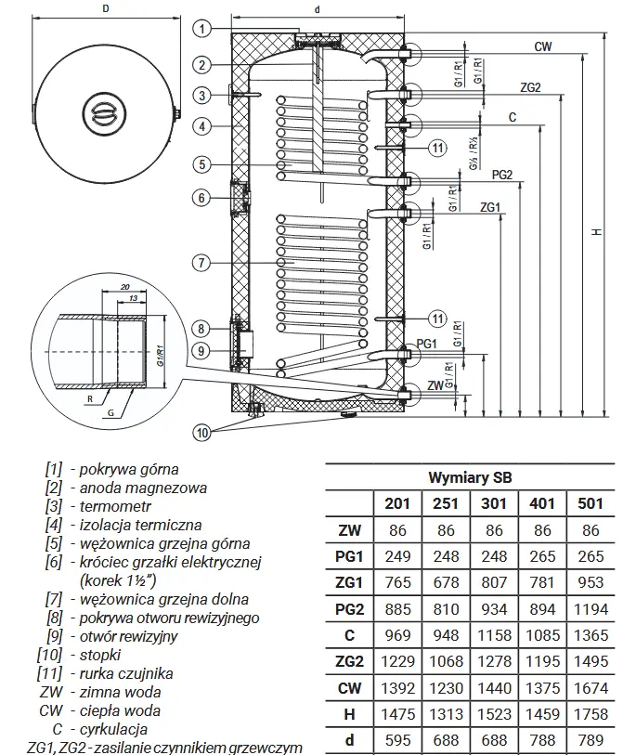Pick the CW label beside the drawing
pos(545,46)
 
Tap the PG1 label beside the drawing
pos(426,344)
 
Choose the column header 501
pos(591,503)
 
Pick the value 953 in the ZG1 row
pos(591,582)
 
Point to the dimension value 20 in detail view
pos(123,288)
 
